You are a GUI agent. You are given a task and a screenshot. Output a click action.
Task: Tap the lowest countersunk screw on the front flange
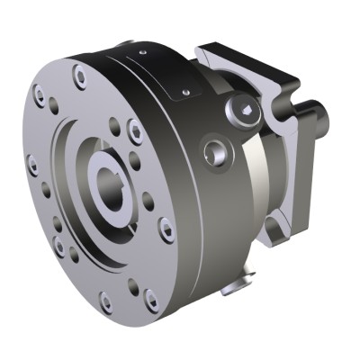click(106, 302)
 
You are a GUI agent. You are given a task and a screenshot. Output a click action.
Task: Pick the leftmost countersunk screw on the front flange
click(32, 165)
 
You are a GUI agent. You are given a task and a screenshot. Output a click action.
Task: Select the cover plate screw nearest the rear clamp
click(185, 91)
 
